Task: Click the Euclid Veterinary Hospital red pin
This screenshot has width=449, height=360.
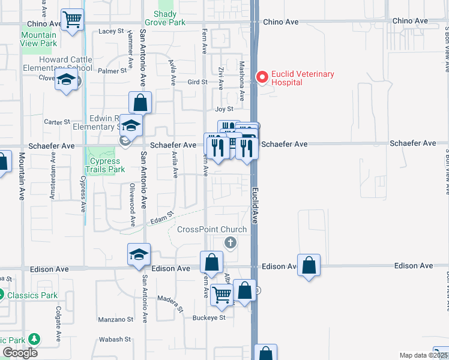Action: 262,77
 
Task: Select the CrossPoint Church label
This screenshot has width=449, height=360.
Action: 212,230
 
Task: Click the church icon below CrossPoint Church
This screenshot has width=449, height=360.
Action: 229,243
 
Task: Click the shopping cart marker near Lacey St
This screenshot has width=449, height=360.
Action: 72,19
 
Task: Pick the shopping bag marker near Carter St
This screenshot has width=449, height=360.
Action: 139,103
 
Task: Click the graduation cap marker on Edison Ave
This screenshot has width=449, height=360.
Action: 139,254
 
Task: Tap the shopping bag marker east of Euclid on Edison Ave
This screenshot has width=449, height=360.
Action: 309,265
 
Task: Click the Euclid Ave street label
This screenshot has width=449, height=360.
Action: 254,205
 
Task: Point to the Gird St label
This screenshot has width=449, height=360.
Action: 197,82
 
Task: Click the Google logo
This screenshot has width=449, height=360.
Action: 20,353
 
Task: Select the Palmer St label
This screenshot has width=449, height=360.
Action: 113,70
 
